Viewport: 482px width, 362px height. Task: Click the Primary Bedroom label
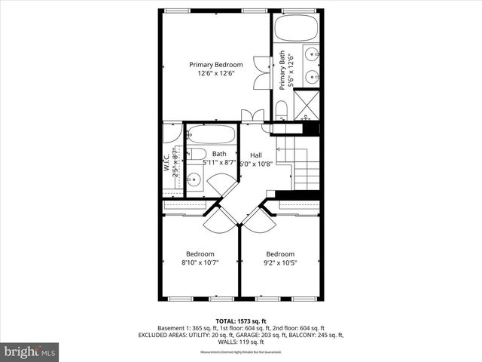click(x=216, y=65)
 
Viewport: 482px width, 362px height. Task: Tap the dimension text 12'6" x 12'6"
click(x=216, y=74)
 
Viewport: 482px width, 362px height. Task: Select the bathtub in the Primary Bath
click(x=297, y=29)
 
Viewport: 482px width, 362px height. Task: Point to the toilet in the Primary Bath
click(x=282, y=112)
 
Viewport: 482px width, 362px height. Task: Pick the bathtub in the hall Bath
click(x=212, y=135)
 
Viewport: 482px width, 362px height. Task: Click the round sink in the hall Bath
click(x=194, y=179)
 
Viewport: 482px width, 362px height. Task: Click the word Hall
click(x=257, y=155)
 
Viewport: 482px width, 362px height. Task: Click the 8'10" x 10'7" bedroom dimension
click(x=200, y=263)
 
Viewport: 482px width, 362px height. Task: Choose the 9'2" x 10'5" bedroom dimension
click(x=279, y=263)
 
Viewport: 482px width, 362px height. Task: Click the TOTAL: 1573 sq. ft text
click(x=240, y=321)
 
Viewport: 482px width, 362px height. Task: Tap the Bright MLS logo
click(x=30, y=351)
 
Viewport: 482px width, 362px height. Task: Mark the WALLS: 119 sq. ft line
click(x=240, y=342)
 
